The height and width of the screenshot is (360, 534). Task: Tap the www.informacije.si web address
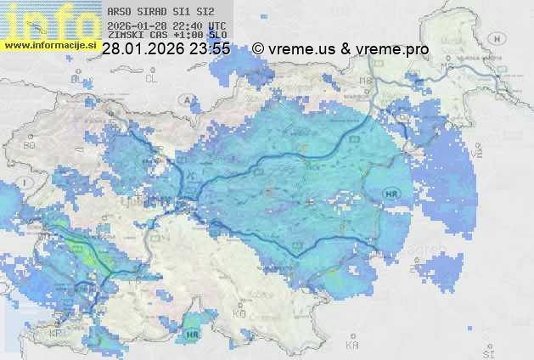49,45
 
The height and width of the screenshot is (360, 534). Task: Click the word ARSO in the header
119,12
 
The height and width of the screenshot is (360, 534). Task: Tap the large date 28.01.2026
142,49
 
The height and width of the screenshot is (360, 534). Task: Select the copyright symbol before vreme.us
258,49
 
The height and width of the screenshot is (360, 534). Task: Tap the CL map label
152,78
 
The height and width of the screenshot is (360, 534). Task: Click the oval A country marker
186,100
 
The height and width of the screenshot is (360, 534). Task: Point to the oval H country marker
497,40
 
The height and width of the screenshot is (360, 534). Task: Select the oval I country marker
27,183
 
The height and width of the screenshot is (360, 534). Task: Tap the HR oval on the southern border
190,335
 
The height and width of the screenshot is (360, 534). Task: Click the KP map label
56,333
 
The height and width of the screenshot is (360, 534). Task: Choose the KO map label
239,313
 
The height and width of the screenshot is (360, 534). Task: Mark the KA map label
352,346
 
